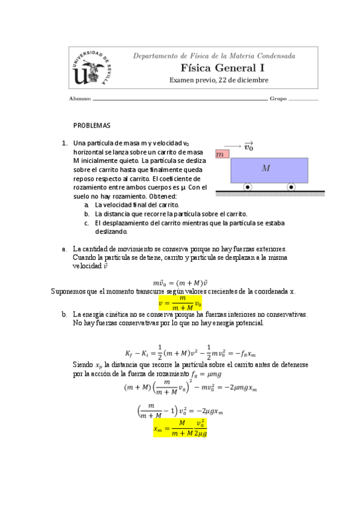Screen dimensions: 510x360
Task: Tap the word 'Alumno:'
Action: tap(80, 99)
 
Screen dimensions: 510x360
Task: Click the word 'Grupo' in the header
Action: tap(278, 99)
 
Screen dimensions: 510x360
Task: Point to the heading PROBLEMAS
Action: tap(92, 126)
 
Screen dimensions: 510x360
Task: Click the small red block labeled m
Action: tap(222, 154)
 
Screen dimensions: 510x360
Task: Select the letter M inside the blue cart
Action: tap(266, 168)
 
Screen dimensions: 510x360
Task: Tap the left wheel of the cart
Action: tap(248, 187)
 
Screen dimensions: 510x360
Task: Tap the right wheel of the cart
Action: tap(291, 187)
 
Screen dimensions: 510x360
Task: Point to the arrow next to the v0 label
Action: tap(231, 145)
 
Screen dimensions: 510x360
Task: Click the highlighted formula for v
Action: tap(180, 301)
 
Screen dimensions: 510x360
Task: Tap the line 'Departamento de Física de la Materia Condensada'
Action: tap(214, 56)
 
